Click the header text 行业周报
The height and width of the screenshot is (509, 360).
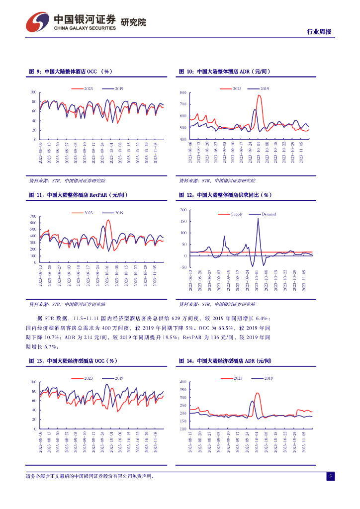pos(318,32)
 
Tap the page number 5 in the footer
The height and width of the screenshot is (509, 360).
pos(330,476)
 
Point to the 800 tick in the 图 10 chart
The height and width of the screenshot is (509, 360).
pos(182,93)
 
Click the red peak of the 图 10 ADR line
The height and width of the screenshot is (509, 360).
pos(259,95)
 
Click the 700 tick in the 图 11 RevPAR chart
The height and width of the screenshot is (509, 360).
pos(33,216)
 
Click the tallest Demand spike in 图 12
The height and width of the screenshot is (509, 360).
pos(258,219)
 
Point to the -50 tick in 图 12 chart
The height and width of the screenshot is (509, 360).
pos(182,267)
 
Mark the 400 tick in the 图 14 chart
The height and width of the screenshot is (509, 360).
pos(182,382)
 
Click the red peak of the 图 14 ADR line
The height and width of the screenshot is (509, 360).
pos(257,393)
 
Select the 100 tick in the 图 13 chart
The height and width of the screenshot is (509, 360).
pos(33,382)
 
